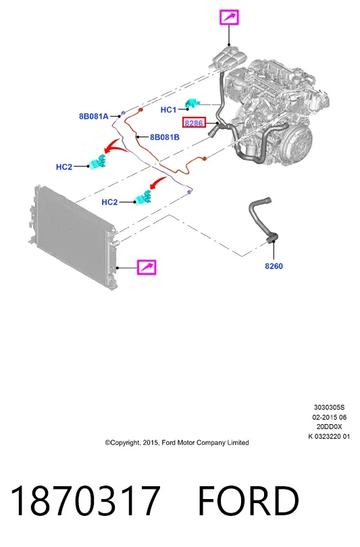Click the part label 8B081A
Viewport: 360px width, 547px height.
click(x=93, y=117)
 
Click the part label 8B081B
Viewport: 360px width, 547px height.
click(x=165, y=138)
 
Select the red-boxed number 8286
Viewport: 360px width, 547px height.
click(x=194, y=123)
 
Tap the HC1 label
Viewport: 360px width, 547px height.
click(x=168, y=110)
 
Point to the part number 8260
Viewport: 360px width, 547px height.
click(x=274, y=266)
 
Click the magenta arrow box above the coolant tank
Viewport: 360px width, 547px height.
click(x=229, y=18)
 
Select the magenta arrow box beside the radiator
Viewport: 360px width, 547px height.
click(x=147, y=267)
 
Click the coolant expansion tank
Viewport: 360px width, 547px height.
click(x=227, y=57)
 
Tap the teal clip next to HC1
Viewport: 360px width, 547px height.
click(x=193, y=103)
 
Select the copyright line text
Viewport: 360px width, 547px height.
click(x=177, y=443)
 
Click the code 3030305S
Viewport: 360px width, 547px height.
click(x=329, y=407)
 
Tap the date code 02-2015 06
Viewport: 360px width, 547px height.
click(x=330, y=417)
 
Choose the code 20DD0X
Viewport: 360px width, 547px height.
click(x=330, y=427)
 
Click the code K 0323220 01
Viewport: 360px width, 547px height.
click(x=329, y=436)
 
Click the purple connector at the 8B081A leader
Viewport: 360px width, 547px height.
click(x=122, y=113)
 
